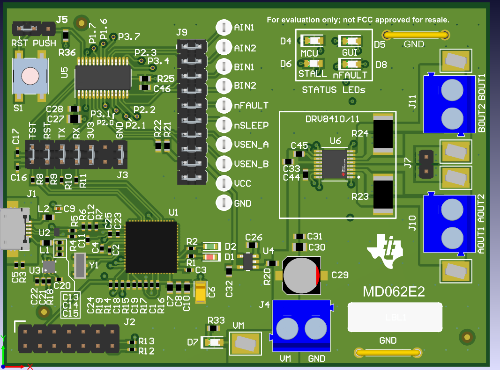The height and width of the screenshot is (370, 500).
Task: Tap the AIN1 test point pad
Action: [x=224, y=28]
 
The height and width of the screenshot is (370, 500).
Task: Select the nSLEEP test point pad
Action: [x=224, y=125]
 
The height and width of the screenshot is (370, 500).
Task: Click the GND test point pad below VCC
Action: [x=224, y=203]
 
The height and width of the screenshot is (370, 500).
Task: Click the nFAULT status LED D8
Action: [x=349, y=64]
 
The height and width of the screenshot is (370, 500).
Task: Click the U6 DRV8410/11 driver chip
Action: [x=334, y=164]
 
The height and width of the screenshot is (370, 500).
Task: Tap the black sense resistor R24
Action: [x=383, y=134]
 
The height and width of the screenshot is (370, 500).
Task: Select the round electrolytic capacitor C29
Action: [x=301, y=276]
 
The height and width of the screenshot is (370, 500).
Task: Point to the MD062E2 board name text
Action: [x=394, y=292]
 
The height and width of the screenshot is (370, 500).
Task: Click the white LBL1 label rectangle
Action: [x=395, y=318]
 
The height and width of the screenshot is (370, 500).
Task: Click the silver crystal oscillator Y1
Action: [x=80, y=265]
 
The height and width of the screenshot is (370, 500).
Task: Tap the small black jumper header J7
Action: [x=425, y=164]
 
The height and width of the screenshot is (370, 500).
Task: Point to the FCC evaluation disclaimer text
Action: [x=358, y=20]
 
